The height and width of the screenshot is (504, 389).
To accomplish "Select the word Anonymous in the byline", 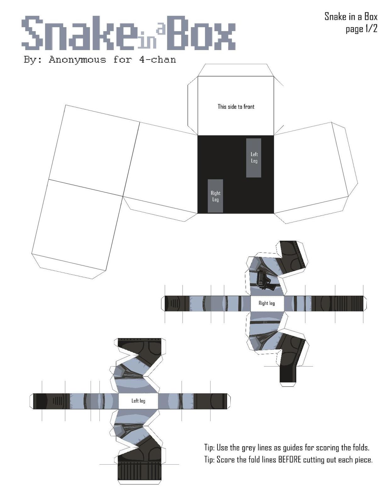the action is click(x=77, y=60).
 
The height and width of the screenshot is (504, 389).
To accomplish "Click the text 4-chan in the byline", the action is click(x=158, y=60).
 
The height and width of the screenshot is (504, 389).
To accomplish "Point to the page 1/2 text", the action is click(x=361, y=29).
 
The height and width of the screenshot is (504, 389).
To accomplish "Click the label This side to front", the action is click(x=236, y=107).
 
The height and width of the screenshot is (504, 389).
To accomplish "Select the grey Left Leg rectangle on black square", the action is click(x=253, y=158).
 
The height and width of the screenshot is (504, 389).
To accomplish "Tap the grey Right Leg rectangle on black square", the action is click(x=215, y=196).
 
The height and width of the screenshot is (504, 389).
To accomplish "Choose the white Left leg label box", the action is click(x=138, y=401).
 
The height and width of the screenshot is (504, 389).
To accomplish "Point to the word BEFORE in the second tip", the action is click(x=290, y=460).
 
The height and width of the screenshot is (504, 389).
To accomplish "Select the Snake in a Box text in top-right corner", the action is click(x=351, y=17).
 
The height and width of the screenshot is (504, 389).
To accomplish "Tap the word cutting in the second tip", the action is click(x=314, y=460).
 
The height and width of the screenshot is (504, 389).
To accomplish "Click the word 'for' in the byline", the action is click(x=123, y=60).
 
